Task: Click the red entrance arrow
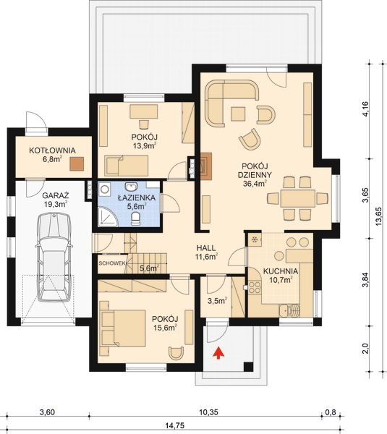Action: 218,353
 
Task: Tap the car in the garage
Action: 54,257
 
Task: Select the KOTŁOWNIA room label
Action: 52,150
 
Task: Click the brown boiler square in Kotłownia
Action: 77,163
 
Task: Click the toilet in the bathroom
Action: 135,219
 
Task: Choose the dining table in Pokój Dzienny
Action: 298,198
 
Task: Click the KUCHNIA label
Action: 281,271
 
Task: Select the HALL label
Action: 205,248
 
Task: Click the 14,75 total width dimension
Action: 175,425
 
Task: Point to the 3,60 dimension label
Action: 47,412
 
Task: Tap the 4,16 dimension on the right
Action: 365,109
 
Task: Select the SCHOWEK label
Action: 112,263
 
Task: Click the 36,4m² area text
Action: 255,184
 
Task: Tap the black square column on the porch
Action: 248,367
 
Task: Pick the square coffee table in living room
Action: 238,114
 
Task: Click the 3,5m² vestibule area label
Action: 217,300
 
